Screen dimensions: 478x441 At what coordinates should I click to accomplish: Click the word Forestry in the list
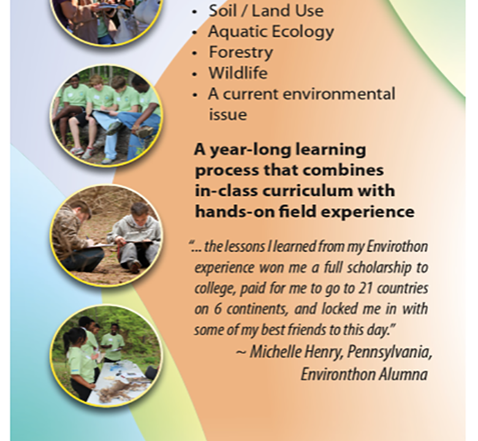[x=240, y=53]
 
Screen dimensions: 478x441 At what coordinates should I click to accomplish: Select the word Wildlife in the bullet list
[x=238, y=73]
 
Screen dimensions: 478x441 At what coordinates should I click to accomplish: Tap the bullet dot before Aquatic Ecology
[x=195, y=32]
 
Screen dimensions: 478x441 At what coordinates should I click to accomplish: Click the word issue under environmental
[x=227, y=115]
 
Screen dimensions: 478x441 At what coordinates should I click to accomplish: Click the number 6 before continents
[x=217, y=309]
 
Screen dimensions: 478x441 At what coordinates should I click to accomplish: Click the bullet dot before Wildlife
[x=195, y=74]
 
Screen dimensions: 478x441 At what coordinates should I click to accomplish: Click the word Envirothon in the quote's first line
[x=397, y=247]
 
